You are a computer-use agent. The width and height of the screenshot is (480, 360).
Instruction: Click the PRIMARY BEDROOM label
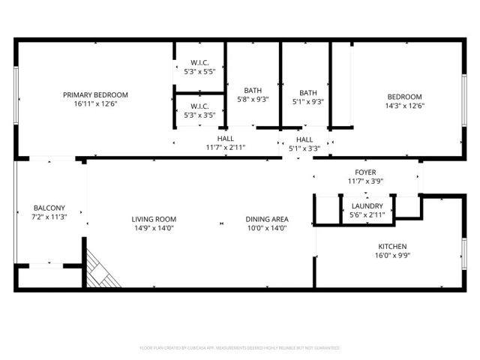[x=95, y=94]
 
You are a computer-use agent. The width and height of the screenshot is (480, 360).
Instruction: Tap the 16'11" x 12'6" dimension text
[x=95, y=103]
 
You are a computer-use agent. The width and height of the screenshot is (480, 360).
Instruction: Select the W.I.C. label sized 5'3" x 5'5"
[x=199, y=62]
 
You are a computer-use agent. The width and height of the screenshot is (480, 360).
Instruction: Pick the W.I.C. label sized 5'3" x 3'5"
[x=199, y=106]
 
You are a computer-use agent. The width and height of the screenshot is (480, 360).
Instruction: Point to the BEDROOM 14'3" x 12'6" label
[x=404, y=96]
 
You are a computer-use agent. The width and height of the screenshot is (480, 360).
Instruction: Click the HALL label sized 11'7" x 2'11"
[x=226, y=139]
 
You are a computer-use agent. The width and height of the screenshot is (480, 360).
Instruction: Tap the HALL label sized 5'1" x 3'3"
[x=304, y=139]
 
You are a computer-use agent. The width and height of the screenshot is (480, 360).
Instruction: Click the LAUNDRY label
[x=367, y=206]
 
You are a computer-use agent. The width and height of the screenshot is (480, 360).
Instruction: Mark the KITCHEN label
[x=392, y=246]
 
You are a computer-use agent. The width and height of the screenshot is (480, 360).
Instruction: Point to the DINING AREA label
[x=267, y=219]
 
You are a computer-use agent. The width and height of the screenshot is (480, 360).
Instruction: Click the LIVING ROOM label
[x=155, y=219]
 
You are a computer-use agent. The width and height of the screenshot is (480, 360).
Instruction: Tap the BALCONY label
[x=49, y=208]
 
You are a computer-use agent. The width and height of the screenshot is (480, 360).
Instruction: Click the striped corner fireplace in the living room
[x=100, y=270]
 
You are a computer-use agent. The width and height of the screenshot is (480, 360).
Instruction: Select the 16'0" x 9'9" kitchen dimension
[x=392, y=255]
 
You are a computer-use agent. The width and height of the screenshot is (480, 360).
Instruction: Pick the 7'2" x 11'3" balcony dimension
[x=49, y=217]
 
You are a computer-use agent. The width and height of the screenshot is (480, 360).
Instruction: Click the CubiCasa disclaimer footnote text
[x=240, y=348]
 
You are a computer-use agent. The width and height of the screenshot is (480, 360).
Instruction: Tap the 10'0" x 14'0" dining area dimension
[x=267, y=228]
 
